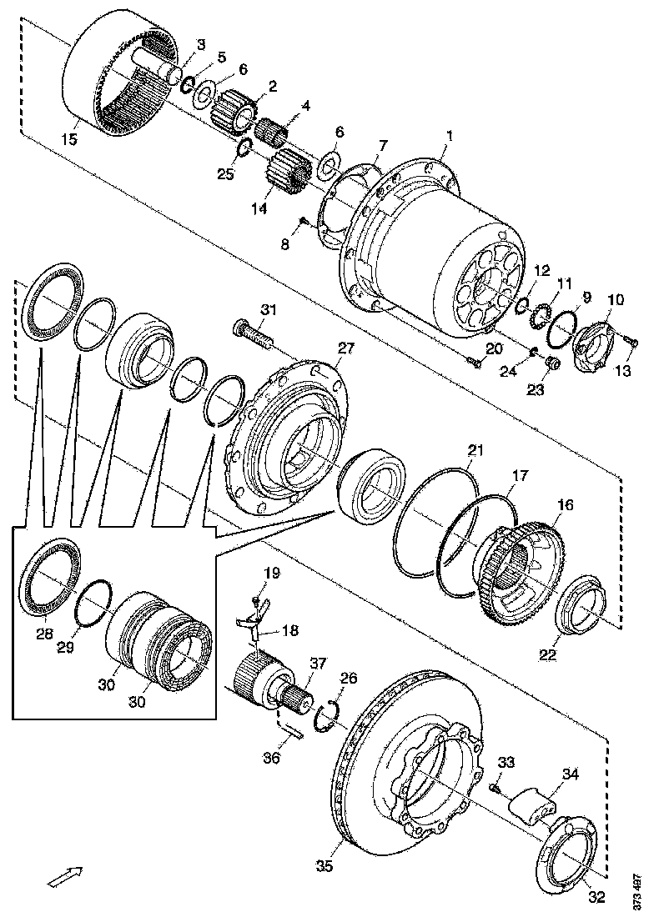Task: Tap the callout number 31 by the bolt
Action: coord(268,310)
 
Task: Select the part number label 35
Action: coord(324,867)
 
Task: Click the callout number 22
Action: coord(546,655)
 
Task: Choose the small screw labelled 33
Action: coord(495,784)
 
